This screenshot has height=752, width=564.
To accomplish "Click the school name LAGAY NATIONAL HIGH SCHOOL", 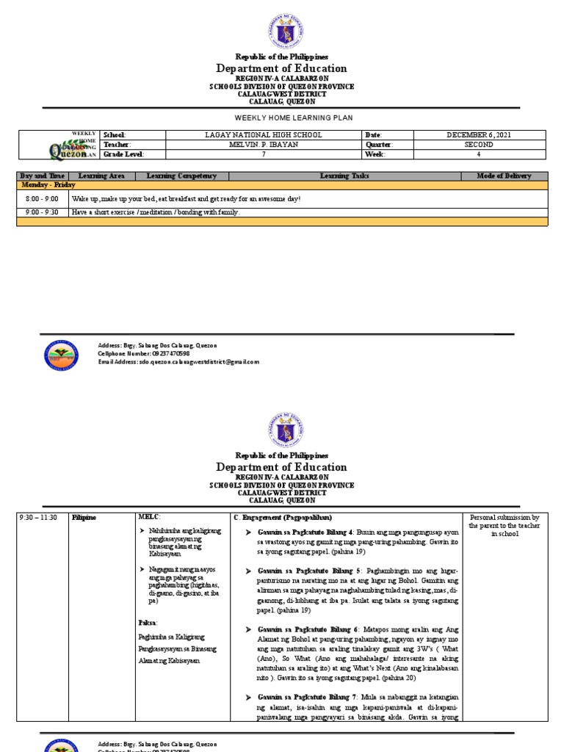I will tap(264, 135).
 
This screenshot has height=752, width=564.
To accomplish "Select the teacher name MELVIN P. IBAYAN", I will tap(264, 145).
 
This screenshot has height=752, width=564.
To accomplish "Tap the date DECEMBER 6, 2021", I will tap(480, 135).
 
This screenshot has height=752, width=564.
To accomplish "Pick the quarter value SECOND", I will tap(480, 145).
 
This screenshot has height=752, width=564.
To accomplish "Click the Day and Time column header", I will tap(43, 176).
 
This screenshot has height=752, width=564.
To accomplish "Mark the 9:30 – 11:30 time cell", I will tap(41, 518).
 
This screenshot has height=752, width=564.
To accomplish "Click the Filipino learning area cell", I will tap(84, 518).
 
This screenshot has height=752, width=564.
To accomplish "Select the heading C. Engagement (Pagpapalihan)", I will tap(282, 518).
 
